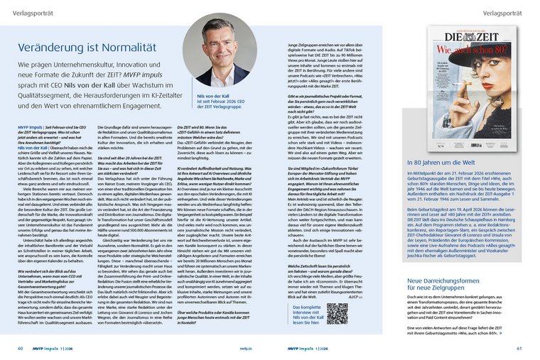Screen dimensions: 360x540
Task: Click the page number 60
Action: click(x=20, y=348)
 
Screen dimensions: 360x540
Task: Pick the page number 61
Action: click(x=519, y=348)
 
